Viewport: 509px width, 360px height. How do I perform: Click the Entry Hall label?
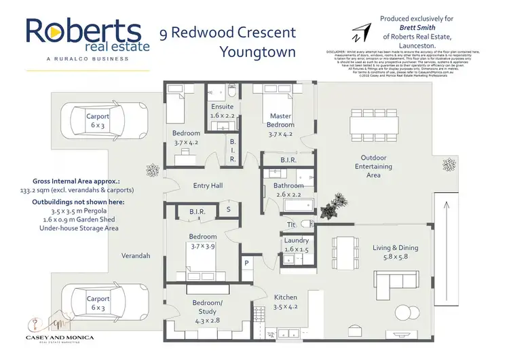[x=208, y=185]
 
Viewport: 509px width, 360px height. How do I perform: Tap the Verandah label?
[x=135, y=256]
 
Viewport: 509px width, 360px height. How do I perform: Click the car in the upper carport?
[x=98, y=121]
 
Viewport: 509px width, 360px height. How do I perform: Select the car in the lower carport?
[x=98, y=303]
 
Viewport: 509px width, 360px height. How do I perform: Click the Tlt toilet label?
[x=291, y=224]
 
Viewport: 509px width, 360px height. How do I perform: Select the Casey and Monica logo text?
[x=60, y=338]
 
